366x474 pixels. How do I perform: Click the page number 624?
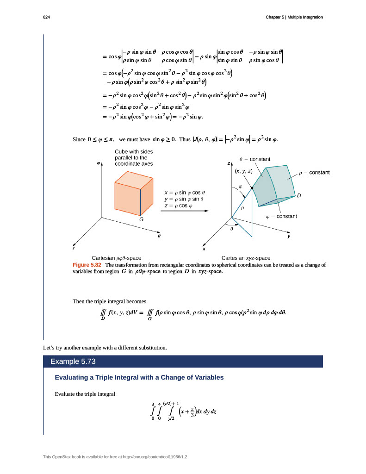(46, 17)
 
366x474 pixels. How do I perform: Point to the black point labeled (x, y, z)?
(252, 188)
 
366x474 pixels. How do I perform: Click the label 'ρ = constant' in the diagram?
(314, 172)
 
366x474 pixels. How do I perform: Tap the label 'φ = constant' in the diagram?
(281, 216)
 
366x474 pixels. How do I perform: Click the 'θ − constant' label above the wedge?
(254, 159)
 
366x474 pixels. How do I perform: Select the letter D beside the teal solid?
(299, 196)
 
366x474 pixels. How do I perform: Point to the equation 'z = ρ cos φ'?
(178, 206)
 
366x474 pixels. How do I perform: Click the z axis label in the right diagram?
(228, 164)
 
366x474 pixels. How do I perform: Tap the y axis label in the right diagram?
(289, 236)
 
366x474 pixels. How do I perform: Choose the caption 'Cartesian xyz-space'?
(246, 258)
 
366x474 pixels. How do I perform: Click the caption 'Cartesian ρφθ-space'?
(117, 258)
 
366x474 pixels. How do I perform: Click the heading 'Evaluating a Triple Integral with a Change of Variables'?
(139, 378)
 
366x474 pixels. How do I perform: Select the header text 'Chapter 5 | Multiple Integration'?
(294, 17)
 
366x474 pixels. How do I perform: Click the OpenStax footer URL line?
(118, 457)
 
